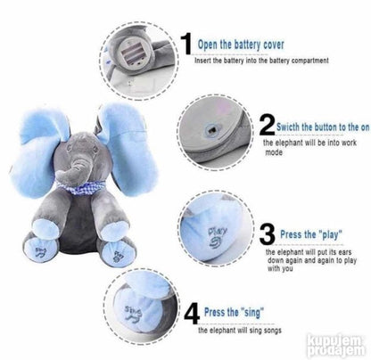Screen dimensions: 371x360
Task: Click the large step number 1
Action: [x=187, y=44]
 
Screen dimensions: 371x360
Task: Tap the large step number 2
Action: [x=267, y=124]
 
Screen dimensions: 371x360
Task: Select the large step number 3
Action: [x=267, y=233]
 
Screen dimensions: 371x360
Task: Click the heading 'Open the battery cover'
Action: [x=241, y=45]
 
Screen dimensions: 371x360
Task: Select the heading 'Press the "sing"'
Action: [x=234, y=312]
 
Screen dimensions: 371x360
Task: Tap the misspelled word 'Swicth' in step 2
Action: [x=288, y=127]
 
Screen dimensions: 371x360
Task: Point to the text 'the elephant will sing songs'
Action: [x=240, y=331]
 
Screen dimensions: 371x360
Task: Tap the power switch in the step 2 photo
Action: [x=212, y=130]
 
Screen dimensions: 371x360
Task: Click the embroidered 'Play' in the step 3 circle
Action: [x=218, y=238]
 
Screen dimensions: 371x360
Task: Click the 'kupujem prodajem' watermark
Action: [x=336, y=346]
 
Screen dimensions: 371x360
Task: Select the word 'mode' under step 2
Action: [x=274, y=152]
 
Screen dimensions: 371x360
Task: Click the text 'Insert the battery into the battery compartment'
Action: [x=261, y=61]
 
